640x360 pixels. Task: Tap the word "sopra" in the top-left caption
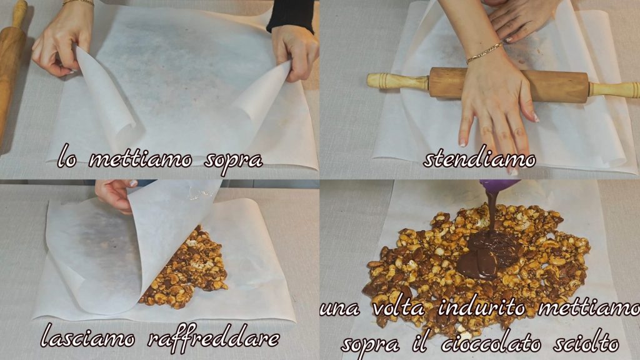tap(234, 161)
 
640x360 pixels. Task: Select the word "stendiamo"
tap(479, 158)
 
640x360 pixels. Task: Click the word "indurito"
tap(482, 307)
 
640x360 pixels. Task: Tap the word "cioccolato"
tap(491, 344)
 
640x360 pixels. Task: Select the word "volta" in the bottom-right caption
tap(399, 307)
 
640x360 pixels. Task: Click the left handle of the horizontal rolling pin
tap(397, 81)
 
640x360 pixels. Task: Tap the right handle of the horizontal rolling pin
tap(614, 89)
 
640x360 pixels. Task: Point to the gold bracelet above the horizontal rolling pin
tap(485, 52)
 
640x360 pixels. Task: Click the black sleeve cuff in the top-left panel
tap(291, 16)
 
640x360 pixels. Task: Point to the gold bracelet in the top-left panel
tap(78, 2)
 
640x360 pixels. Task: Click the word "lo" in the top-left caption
tap(67, 156)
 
